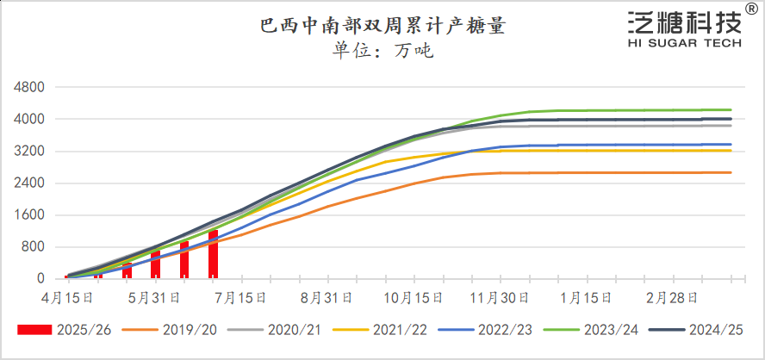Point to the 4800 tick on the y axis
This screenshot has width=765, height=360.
click(29, 87)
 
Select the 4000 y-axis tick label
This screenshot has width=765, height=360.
click(29, 119)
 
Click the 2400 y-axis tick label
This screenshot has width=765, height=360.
click(29, 183)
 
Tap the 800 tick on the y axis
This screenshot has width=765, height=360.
click(33, 247)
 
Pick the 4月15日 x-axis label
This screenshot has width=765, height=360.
click(67, 297)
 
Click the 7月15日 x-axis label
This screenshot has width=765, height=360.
click(241, 297)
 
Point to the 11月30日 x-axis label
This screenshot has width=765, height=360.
click(501, 297)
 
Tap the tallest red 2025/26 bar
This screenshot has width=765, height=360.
click(213, 255)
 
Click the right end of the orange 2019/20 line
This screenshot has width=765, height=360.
click(731, 172)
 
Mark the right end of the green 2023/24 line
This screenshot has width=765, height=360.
click(731, 109)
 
